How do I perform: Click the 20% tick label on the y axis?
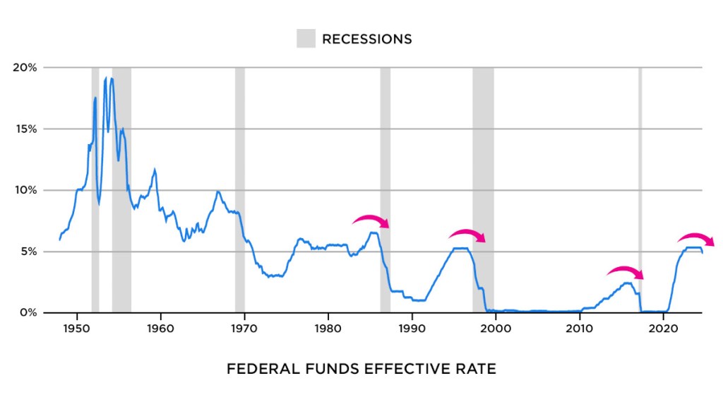point(25,68)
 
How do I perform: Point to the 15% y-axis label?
point(25,129)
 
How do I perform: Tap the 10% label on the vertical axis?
point(25,190)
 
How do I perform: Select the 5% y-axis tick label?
point(28,252)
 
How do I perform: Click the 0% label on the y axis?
point(28,312)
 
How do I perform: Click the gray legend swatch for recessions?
point(306,39)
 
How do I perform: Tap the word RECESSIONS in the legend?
point(366,39)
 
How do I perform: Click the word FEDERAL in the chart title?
point(258,369)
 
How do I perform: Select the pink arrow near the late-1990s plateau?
point(467,235)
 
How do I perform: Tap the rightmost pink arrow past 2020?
point(696,238)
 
